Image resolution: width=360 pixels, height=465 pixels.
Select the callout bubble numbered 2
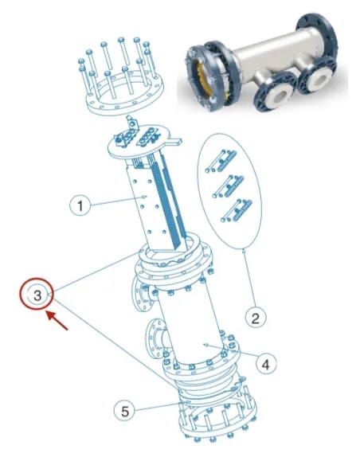[x=254, y=318]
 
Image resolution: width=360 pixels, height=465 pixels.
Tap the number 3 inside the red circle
[x=37, y=295]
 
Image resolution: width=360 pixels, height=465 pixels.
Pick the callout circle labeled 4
[x=267, y=363]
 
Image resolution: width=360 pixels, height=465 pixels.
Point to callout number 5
[x=121, y=412]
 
